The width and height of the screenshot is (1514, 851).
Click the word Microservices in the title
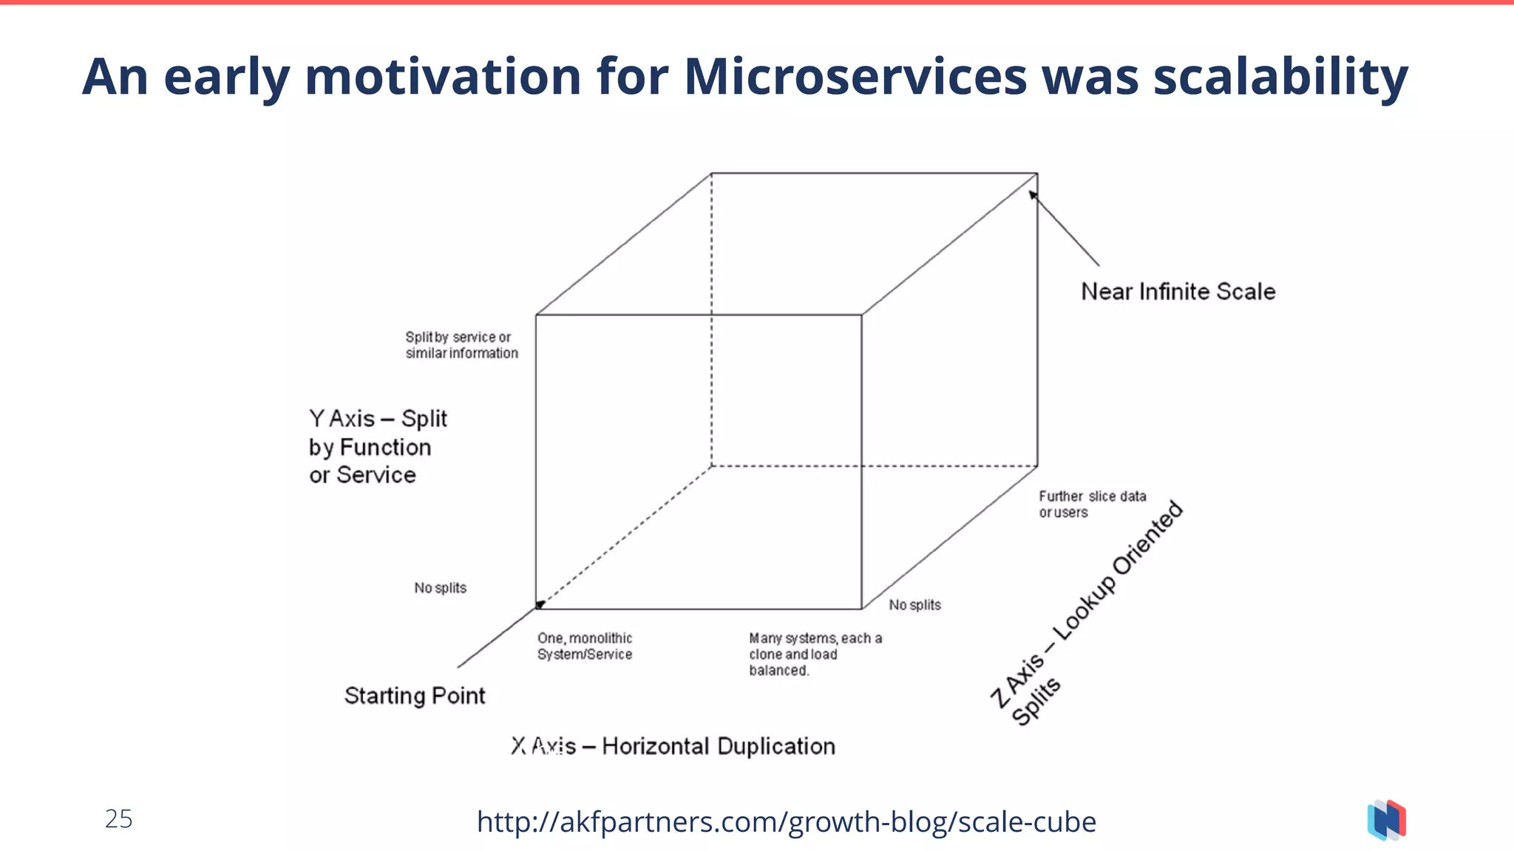(855, 77)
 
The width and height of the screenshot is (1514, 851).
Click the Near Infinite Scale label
(1178, 292)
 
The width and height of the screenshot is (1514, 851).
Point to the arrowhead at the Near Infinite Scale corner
(1033, 195)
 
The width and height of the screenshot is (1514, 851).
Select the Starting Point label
(415, 696)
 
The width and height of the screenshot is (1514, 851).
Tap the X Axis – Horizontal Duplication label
(673, 746)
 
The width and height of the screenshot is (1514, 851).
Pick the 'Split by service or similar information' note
(461, 345)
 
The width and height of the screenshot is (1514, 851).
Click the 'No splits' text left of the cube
(440, 588)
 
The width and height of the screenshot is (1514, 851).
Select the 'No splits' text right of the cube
(914, 605)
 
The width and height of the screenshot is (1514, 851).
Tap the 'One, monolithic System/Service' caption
(584, 646)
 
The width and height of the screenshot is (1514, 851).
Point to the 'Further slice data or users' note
(1092, 505)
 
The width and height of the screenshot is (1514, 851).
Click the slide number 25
(118, 819)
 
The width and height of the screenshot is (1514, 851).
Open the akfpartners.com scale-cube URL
(786, 821)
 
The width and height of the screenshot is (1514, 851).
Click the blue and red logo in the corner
(1386, 820)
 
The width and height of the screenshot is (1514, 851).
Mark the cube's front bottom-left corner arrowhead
(540, 605)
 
